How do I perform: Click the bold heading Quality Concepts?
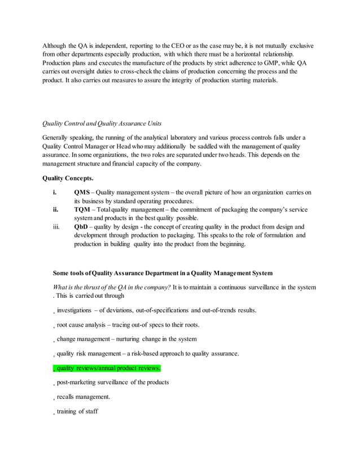(68, 179)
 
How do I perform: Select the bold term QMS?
(82, 192)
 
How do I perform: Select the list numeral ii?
(55, 209)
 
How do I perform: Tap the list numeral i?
(54, 192)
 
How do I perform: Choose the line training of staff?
(77, 411)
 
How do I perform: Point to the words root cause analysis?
(83, 325)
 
